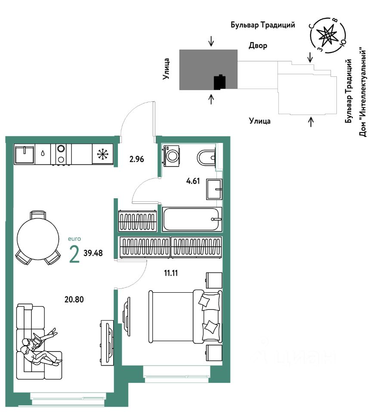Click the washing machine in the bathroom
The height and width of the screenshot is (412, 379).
click(172, 156)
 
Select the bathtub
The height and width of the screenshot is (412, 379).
click(192, 219)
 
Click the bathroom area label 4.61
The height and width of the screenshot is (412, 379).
click(193, 181)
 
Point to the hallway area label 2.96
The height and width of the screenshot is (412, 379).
click(137, 159)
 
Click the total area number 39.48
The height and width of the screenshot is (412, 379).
click(93, 253)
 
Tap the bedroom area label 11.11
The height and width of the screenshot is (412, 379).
click(171, 273)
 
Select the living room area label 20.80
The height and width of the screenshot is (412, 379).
click(74, 299)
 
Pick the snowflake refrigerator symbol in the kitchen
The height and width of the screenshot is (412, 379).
click(102, 154)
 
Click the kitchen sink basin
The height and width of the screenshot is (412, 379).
click(25, 155)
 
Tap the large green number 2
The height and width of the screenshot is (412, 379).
click(74, 254)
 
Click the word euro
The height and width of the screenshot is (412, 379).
click(74, 239)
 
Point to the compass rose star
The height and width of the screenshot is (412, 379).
click(327, 36)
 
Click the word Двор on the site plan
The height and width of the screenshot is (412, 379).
click(258, 46)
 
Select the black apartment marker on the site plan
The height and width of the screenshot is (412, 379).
click(220, 82)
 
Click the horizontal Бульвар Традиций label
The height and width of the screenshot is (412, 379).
click(263, 25)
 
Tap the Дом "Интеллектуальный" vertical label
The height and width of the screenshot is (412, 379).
click(363, 92)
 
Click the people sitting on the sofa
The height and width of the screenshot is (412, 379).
click(40, 347)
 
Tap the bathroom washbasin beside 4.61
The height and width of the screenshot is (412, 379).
click(214, 189)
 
